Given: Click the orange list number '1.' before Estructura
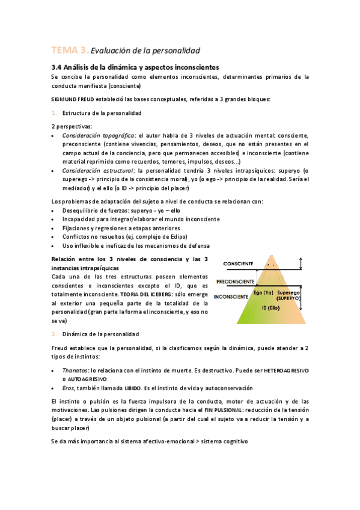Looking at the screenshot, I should pyautogui.click(x=54, y=113).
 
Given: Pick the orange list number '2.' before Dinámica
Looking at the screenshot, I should pyautogui.click(x=54, y=334).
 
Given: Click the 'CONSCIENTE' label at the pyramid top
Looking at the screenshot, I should pyautogui.click(x=238, y=264).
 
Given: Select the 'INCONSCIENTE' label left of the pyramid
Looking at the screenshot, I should pyautogui.click(x=231, y=297).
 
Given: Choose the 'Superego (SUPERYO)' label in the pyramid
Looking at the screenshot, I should pyautogui.click(x=289, y=295).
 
